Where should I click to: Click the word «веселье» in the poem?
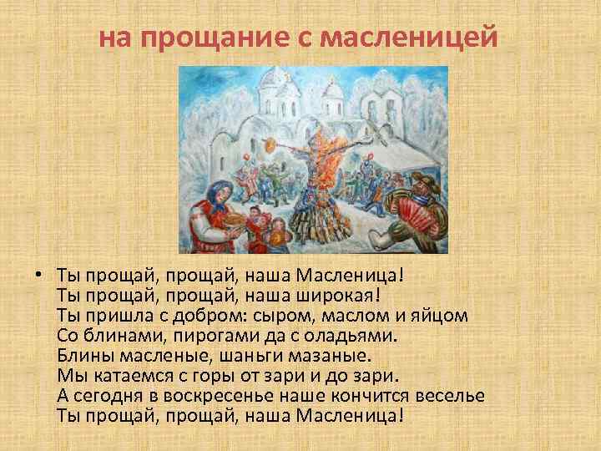coord(450,396)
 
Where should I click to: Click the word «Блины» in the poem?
coord(82,356)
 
